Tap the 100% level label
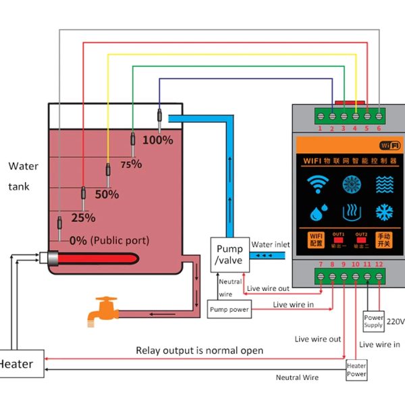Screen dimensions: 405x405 point(157,140)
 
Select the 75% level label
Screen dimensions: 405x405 point(131,164)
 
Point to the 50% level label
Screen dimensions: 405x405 point(107,194)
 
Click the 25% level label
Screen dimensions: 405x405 point(83,218)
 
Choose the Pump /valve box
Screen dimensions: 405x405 point(229,254)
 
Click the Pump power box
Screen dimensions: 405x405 point(229,310)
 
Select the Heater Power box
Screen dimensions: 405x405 point(356,369)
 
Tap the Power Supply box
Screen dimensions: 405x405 point(373,321)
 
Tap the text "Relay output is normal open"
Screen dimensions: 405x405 point(200,350)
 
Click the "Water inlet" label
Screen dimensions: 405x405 point(271,244)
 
